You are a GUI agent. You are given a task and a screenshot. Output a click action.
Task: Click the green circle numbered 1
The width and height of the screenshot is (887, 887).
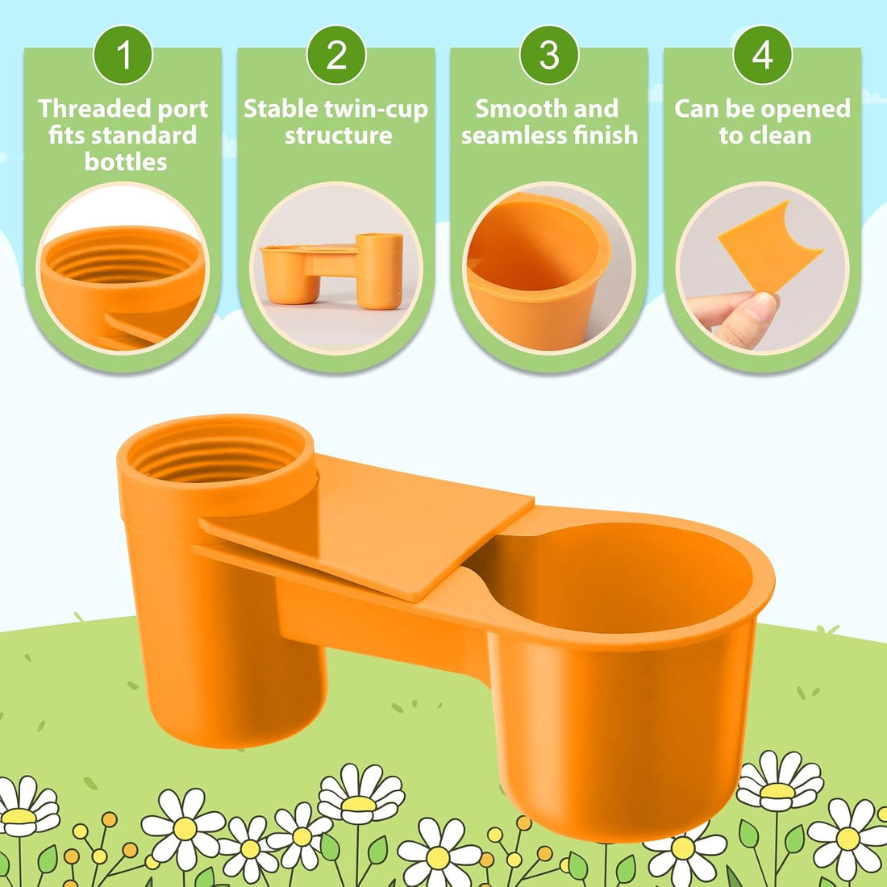pos(123,55)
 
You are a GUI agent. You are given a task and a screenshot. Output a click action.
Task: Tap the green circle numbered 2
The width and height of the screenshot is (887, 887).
pos(336,55)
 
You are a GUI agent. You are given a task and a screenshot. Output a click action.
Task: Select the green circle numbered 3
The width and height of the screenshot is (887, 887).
pos(548,55)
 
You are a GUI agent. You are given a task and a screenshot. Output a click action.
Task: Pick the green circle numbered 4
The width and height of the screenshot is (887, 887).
pos(762,55)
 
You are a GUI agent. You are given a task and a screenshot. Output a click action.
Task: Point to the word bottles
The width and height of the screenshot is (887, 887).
pos(126,162)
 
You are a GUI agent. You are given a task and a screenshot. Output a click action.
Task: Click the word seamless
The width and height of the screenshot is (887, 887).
pos(513,135)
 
